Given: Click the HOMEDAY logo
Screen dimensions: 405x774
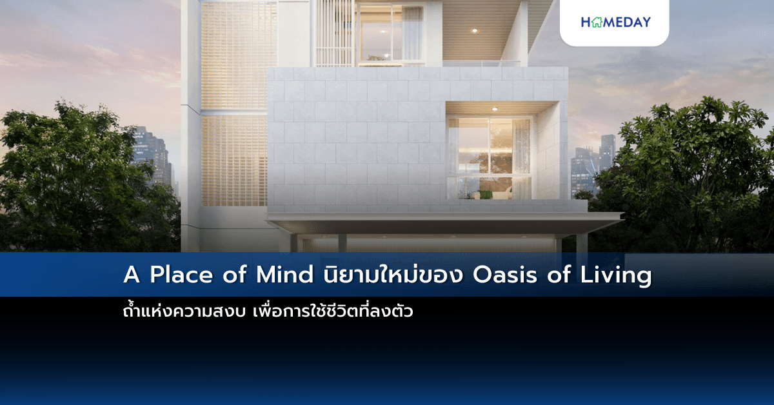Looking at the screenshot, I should point(615,22).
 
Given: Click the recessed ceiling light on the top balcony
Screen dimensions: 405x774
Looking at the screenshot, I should point(474,30).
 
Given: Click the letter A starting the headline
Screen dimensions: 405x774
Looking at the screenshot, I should point(131,275).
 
